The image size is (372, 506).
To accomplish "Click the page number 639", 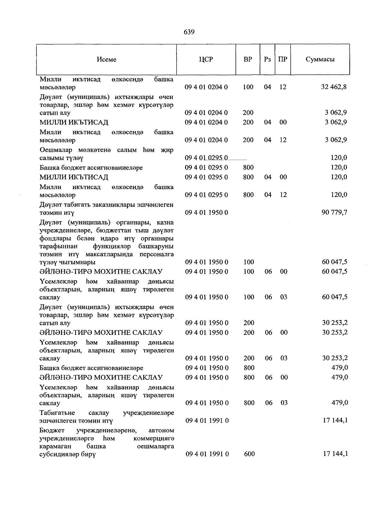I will coord(189,32).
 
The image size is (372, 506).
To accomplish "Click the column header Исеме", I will coord(106,59).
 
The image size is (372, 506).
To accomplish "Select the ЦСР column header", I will coord(206,59).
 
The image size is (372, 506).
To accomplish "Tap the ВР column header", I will coord(248,59).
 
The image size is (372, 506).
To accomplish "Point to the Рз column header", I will coord(267,59).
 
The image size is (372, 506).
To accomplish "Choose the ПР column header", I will coord(283,59).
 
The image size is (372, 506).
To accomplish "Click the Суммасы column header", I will coord(320,59).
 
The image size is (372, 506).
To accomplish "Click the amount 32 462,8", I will coord(334,87).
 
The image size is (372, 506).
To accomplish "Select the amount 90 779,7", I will coord(334,212).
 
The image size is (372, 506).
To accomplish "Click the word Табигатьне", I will coord(57,413).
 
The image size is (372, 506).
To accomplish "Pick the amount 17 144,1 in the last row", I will coord(335,454).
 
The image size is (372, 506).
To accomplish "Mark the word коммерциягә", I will coord(153,439).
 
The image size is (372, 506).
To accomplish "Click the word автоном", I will coord(161,431).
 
